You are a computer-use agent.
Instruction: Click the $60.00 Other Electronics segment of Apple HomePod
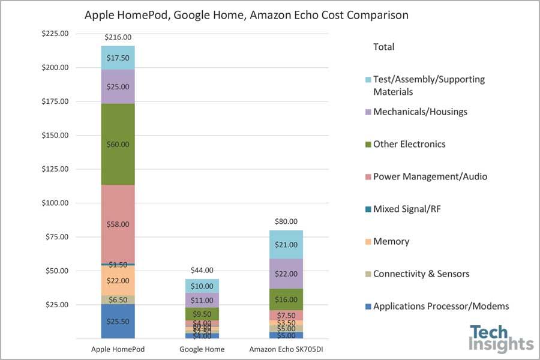[x=118, y=144]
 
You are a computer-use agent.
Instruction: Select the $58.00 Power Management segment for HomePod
[x=118, y=224]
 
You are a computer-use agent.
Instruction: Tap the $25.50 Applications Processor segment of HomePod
[x=118, y=321]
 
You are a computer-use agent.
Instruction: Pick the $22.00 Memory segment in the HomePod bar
[x=118, y=280]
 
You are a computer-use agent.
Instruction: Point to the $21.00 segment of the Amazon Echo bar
[x=286, y=245]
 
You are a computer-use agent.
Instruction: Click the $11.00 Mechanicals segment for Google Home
[x=202, y=300]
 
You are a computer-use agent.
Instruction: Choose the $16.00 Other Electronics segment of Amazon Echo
[x=286, y=299]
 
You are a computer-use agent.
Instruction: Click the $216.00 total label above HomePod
[x=118, y=37]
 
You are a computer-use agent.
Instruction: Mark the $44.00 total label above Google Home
[x=202, y=270]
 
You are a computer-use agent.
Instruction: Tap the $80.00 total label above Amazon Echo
[x=286, y=221]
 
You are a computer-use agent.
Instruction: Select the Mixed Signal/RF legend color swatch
[x=367, y=209]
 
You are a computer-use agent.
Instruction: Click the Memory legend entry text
[x=391, y=241]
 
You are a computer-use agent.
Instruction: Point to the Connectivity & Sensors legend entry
[x=421, y=274]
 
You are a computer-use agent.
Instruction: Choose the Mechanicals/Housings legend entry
[x=420, y=112]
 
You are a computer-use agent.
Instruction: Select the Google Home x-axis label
[x=202, y=349]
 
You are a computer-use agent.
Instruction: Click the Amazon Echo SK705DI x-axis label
[x=286, y=349]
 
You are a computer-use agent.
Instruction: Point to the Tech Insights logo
[x=501, y=338]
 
